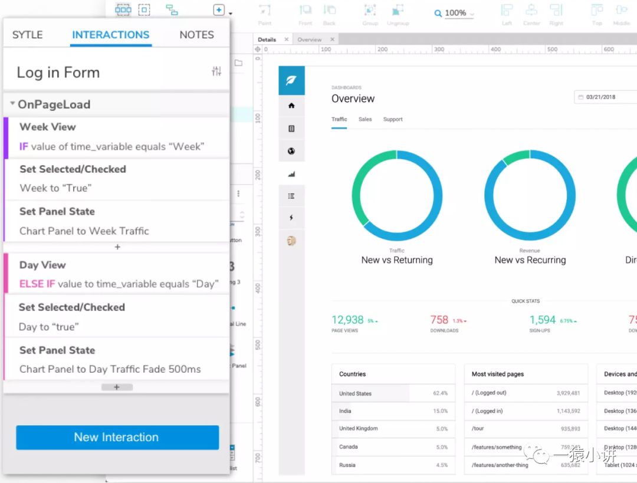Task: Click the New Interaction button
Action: (x=117, y=438)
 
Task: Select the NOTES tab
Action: (x=196, y=35)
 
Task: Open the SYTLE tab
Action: (x=27, y=35)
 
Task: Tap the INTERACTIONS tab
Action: (x=110, y=35)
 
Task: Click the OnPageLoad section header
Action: (x=54, y=104)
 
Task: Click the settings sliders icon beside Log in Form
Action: (x=216, y=71)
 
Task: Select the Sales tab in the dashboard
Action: (x=365, y=119)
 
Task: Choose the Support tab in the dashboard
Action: (x=393, y=119)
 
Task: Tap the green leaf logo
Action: (x=291, y=80)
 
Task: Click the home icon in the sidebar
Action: (x=291, y=106)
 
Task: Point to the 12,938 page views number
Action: (x=347, y=320)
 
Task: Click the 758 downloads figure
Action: (x=439, y=320)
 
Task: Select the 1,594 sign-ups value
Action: (x=542, y=320)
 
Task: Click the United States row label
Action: (x=355, y=393)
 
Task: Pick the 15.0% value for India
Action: (x=440, y=411)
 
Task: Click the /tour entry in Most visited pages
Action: (x=478, y=429)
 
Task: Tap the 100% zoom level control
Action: (x=455, y=13)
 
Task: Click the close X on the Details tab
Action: (x=287, y=40)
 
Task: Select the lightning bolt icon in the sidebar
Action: (x=291, y=218)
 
